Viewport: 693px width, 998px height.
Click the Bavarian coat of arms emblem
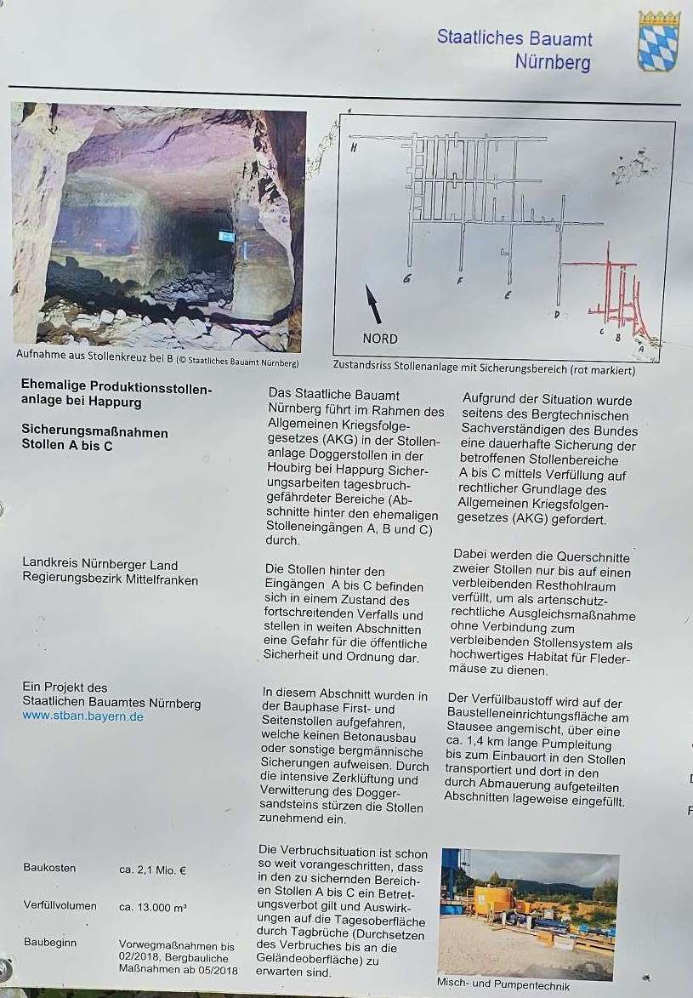[658, 41]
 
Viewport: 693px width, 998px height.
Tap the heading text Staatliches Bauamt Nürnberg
[514, 49]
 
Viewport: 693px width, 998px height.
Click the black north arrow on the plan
[372, 304]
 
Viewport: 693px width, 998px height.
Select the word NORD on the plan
[380, 338]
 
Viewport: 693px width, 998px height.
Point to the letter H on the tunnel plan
[353, 147]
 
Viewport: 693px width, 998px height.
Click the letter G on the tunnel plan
[407, 279]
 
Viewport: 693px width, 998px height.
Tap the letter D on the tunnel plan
[556, 315]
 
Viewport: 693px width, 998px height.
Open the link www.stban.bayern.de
[82, 716]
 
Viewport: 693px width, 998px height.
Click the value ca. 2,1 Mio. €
[153, 870]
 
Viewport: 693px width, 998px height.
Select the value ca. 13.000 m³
[153, 907]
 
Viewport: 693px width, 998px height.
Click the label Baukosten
[49, 869]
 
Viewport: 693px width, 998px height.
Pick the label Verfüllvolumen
[60, 906]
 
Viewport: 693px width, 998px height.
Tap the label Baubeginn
[50, 943]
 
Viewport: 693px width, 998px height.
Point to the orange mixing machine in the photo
[492, 900]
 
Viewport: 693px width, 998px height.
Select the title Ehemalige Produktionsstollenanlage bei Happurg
[116, 392]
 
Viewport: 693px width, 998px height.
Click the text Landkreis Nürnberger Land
[99, 565]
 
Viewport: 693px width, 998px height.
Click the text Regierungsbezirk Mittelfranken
[110, 579]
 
